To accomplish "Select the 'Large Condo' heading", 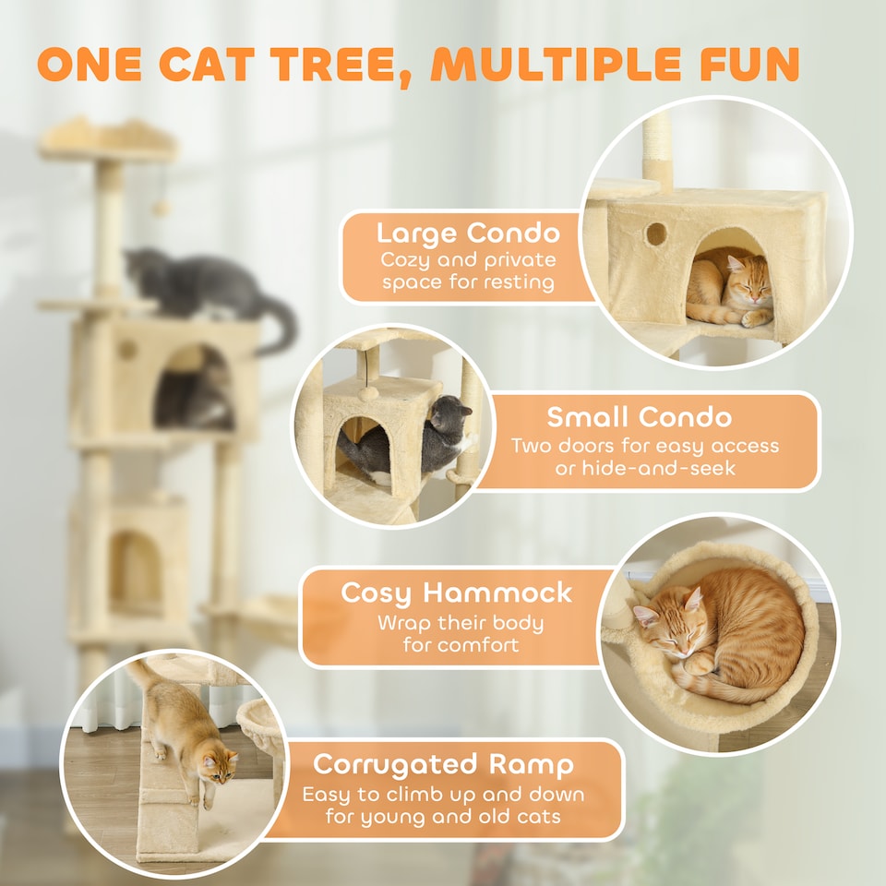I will pyautogui.click(x=467, y=232).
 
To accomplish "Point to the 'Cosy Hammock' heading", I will pyautogui.click(x=457, y=593).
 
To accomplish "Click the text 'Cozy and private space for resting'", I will pyautogui.click(x=467, y=271).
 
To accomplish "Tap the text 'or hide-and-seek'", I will pyautogui.click(x=644, y=470).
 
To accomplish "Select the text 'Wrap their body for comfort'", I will pyautogui.click(x=460, y=633).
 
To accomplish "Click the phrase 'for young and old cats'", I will pyautogui.click(x=442, y=817).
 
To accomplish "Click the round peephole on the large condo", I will pyautogui.click(x=656, y=233).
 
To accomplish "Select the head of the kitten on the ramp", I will pyautogui.click(x=218, y=765).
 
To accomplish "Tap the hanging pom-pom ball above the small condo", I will pyautogui.click(x=370, y=392).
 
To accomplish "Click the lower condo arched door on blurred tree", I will pyautogui.click(x=135, y=572).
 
